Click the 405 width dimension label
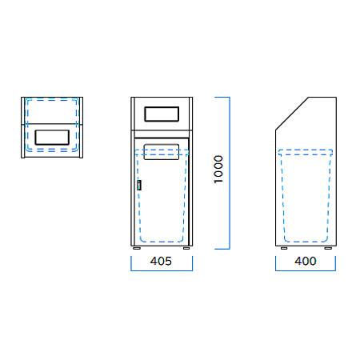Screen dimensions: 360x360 click(x=161, y=261)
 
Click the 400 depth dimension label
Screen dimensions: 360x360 click(x=306, y=261)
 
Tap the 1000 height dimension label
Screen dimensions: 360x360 click(x=218, y=170)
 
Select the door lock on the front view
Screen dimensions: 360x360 click(x=139, y=185)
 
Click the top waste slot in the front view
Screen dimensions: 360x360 click(x=162, y=114)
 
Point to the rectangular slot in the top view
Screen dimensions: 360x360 click(x=52, y=138)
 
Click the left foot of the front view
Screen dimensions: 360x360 click(x=137, y=248)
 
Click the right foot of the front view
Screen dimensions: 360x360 click(x=186, y=248)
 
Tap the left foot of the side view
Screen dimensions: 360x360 click(x=284, y=248)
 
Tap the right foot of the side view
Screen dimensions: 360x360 click(x=328, y=248)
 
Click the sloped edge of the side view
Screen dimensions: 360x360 click(x=292, y=114)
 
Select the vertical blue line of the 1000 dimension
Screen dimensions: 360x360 click(x=230, y=173)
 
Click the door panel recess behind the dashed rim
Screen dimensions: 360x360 click(x=162, y=152)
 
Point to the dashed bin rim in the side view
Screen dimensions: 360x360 click(x=306, y=152)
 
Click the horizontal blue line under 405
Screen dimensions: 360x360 click(x=162, y=270)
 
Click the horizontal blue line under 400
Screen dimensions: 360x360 click(x=306, y=270)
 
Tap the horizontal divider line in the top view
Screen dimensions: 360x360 click(x=52, y=124)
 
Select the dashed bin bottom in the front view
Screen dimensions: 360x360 click(x=162, y=242)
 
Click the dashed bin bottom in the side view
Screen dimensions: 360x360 click(x=306, y=242)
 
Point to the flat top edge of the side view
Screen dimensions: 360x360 click(x=322, y=98)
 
